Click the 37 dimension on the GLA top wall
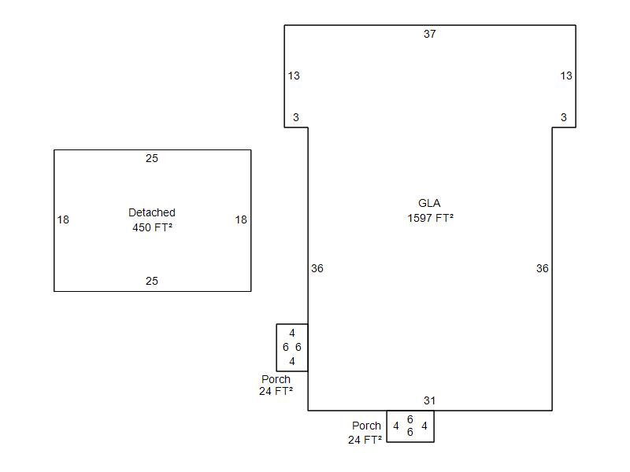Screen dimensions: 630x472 click(429, 34)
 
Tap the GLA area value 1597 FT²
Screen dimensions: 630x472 click(430, 218)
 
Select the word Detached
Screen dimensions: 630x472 click(152, 212)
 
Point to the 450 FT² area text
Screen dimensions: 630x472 click(152, 227)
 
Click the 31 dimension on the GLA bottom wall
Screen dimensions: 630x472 click(429, 400)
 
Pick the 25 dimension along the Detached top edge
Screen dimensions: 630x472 click(152, 158)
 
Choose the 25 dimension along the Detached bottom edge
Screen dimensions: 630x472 click(152, 281)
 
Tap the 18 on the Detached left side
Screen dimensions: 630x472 click(63, 219)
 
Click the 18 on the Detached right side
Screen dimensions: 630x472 click(241, 219)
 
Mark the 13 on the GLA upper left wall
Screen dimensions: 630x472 click(294, 76)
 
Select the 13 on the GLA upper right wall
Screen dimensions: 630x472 click(566, 76)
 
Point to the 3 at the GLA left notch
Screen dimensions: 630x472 click(296, 117)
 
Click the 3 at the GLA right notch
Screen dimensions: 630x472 click(564, 117)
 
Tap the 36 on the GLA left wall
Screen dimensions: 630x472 click(317, 268)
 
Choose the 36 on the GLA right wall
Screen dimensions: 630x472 click(543, 268)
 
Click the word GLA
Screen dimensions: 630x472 click(429, 203)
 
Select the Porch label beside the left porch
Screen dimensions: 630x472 click(276, 379)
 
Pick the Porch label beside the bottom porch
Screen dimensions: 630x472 click(366, 426)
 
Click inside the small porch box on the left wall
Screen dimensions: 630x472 click(292, 348)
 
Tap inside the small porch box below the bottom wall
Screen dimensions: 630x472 click(410, 426)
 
